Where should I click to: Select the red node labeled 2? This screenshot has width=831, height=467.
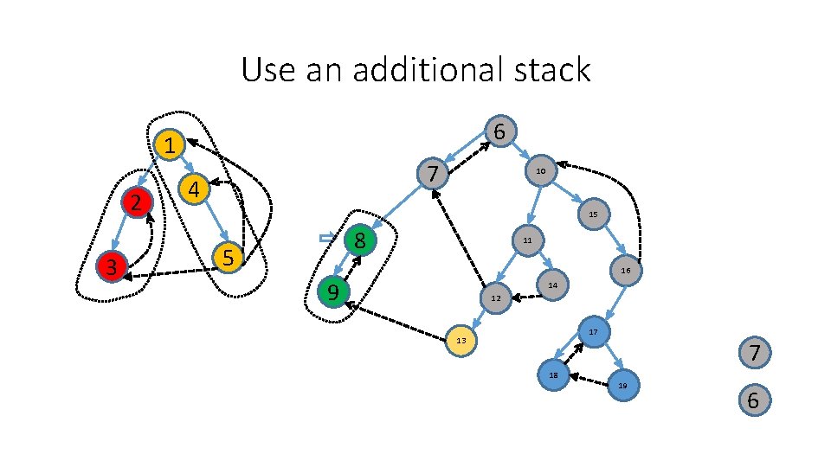(136, 203)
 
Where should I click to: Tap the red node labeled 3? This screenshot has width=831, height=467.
(111, 267)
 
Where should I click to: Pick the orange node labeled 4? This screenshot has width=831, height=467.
(195, 189)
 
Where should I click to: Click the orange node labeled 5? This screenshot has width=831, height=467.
(228, 258)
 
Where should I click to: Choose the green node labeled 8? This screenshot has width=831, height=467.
(360, 240)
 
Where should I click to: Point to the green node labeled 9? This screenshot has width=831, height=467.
(332, 292)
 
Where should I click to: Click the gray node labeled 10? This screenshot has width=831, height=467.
(539, 172)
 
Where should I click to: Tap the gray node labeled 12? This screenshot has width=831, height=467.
(495, 298)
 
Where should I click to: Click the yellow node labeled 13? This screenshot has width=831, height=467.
(461, 341)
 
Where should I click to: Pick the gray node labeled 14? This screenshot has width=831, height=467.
(552, 285)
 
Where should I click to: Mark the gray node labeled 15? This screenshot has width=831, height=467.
(592, 214)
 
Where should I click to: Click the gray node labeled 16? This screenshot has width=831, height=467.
(625, 271)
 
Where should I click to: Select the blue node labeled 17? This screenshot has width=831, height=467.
(593, 332)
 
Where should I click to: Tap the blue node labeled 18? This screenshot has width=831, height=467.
(553, 375)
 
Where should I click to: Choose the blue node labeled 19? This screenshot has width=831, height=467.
(622, 386)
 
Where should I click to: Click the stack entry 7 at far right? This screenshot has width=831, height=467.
(754, 354)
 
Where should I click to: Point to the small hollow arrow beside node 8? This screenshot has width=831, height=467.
(326, 237)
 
